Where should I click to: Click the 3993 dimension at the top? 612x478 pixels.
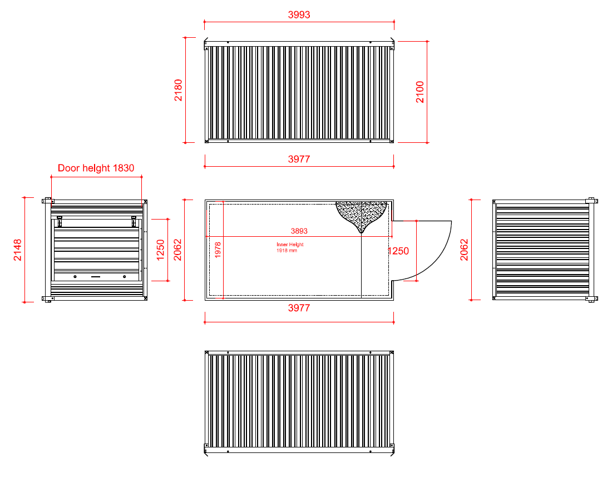tap(299, 15)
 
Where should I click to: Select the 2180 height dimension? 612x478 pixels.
tap(179, 90)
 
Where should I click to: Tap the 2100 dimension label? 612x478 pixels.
tap(420, 92)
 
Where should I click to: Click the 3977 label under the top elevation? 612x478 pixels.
tap(299, 159)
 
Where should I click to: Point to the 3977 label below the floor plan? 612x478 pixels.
tap(299, 308)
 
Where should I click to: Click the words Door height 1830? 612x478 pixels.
tap(96, 168)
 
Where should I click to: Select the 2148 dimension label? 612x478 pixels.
tap(18, 250)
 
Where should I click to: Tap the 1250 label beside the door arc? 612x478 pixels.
tap(398, 251)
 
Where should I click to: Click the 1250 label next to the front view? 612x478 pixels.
tap(160, 250)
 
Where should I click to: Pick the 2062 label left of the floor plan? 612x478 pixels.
tap(178, 250)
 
